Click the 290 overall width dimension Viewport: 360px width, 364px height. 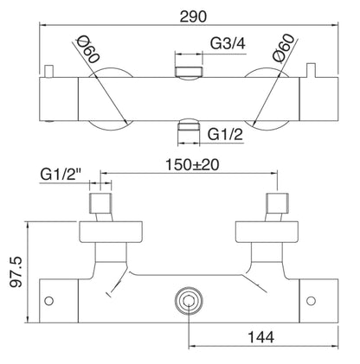tap(180, 15)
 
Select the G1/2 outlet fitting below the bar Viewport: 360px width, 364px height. tap(187, 130)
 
